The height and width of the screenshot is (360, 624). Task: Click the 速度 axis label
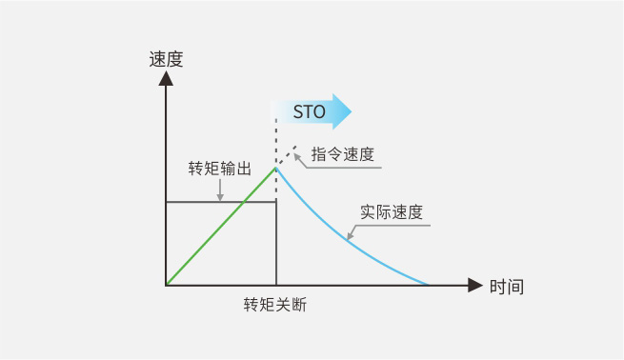point(166,59)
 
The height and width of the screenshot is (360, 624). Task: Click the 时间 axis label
point(507,286)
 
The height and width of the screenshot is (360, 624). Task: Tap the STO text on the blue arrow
point(309,112)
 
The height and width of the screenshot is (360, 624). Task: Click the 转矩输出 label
point(220,169)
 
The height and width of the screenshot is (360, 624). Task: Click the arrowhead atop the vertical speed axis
point(166,78)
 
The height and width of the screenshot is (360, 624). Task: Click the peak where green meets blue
point(276,168)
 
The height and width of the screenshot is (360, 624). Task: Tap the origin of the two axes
point(166,285)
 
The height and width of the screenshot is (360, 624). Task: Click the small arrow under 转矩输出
point(220,196)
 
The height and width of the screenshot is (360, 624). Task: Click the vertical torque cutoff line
point(276,243)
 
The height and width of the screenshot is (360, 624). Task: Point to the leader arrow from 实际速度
point(351,234)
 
